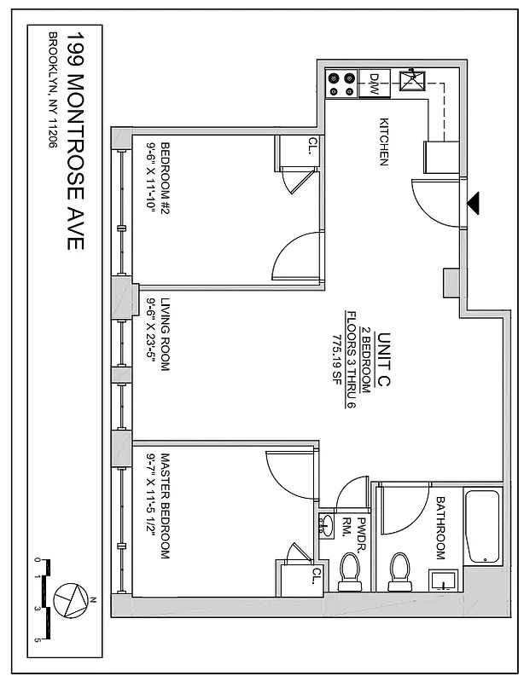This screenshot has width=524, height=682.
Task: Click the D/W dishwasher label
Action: [374, 83]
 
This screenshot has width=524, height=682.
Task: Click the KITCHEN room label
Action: [384, 142]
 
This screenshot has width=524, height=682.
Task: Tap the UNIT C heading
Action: [383, 361]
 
